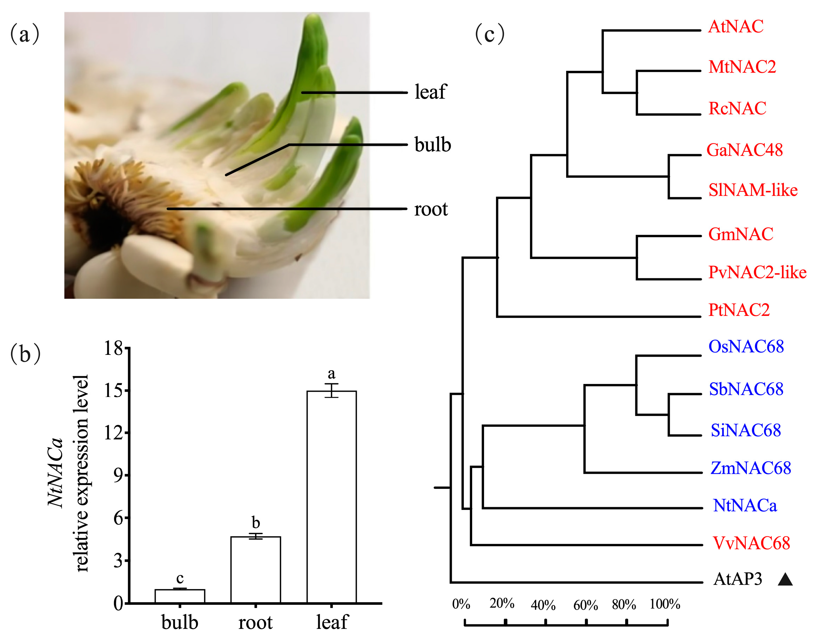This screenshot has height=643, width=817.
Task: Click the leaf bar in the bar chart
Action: click(332, 497)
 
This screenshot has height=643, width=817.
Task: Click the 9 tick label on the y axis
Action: click(119, 476)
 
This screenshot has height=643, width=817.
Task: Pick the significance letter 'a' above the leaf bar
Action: click(331, 373)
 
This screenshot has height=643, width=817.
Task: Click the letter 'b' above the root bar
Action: click(256, 523)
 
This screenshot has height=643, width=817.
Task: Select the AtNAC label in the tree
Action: click(736, 27)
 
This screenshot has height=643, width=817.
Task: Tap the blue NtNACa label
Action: click(745, 506)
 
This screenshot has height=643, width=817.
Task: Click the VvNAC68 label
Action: click(751, 543)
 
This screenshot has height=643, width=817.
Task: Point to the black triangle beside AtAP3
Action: click(785, 580)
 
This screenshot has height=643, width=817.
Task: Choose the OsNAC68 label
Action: click(746, 347)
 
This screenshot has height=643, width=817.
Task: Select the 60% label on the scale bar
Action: click(585, 605)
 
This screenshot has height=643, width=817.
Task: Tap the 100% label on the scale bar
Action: click(665, 604)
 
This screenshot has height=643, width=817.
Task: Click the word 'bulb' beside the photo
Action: click(433, 145)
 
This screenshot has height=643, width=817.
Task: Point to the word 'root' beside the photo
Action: click(431, 209)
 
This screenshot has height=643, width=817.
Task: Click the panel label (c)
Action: click(490, 34)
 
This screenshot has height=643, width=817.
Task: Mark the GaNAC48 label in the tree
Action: click(745, 150)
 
